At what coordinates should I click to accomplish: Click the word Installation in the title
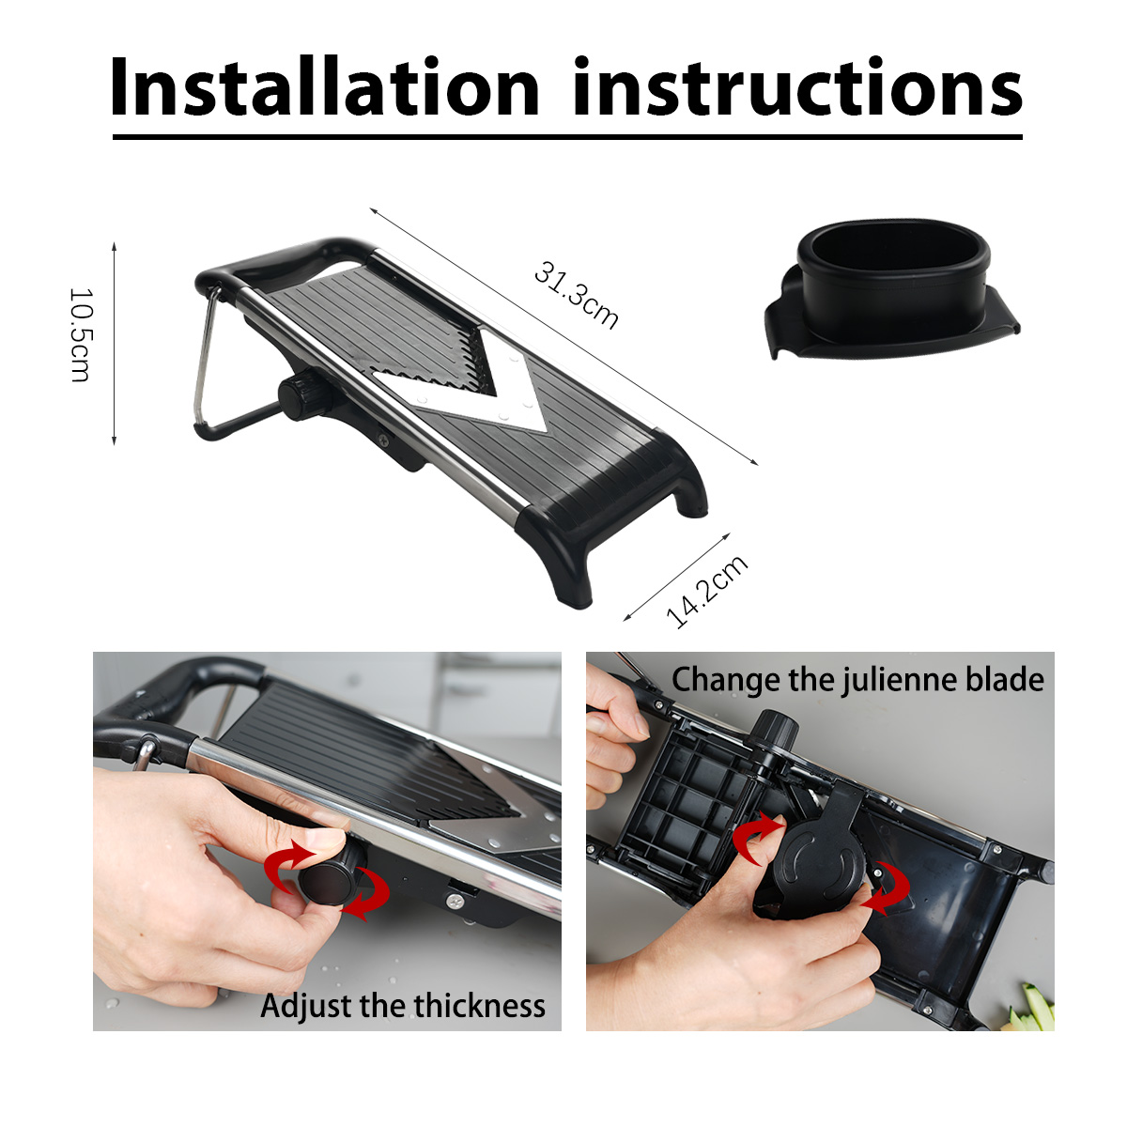click(x=325, y=86)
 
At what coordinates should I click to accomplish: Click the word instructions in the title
click(x=797, y=86)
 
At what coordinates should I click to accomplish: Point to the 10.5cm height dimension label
click(x=80, y=334)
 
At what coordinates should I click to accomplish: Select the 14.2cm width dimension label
click(x=707, y=592)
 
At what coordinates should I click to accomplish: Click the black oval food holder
click(x=891, y=289)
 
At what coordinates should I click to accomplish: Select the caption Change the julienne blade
click(x=857, y=680)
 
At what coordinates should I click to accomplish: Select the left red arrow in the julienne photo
click(x=756, y=838)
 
